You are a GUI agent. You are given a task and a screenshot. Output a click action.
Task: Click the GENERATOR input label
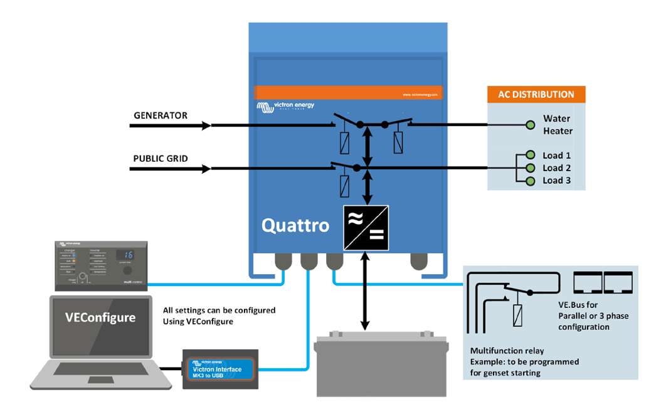point(161,115)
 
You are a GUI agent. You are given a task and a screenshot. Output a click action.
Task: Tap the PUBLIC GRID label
point(161,159)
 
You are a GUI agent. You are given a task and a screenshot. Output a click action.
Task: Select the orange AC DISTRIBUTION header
point(536,95)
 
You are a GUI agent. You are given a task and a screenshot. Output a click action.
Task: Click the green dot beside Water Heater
point(531,125)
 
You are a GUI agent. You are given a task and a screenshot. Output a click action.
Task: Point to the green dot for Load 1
point(531,156)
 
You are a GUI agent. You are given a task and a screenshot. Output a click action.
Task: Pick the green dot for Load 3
point(531,181)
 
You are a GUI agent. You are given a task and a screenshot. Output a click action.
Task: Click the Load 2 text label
point(557,168)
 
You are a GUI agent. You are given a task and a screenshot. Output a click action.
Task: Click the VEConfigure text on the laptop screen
point(100,317)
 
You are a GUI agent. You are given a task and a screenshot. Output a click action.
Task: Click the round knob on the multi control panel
point(128,271)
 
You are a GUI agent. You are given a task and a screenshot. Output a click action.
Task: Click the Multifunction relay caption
point(507,351)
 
